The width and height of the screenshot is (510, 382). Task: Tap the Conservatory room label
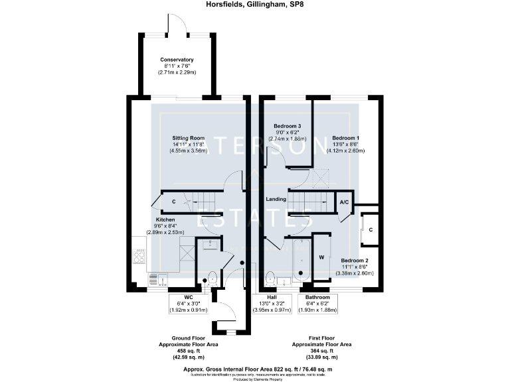coord(177,60)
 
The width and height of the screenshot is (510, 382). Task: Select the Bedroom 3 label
coord(288,126)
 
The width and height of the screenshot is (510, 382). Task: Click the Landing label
coord(276,199)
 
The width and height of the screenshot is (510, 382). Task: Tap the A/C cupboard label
coord(345,202)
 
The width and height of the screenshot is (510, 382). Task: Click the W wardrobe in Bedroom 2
coord(321,257)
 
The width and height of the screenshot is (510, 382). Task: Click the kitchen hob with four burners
coord(141,255)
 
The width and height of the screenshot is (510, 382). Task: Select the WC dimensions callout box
coord(188,304)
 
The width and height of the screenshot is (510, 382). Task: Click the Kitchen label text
coord(166,220)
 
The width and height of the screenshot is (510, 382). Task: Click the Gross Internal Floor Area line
coord(256,367)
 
